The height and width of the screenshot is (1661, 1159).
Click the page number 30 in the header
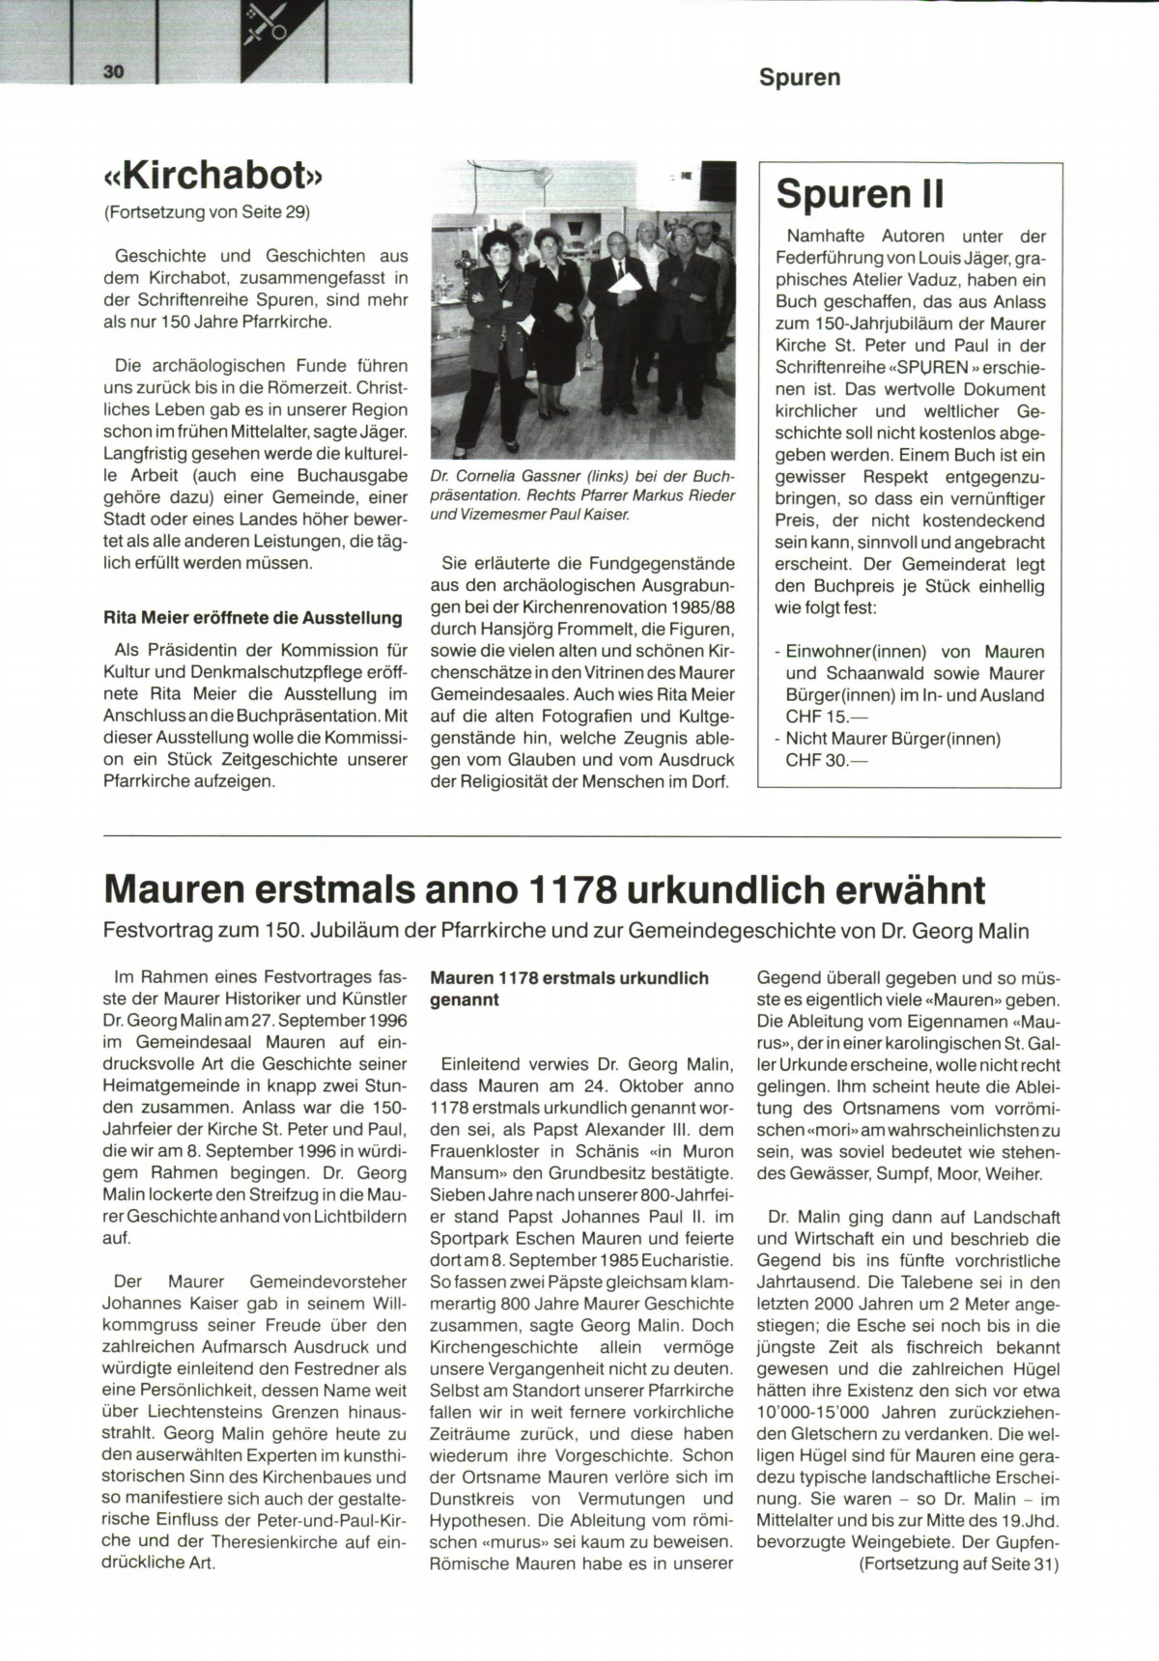[x=114, y=73]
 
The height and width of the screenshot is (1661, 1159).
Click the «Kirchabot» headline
[x=212, y=178]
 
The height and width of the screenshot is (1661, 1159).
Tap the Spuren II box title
[x=860, y=193]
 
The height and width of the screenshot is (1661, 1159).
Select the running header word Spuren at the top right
[x=799, y=77]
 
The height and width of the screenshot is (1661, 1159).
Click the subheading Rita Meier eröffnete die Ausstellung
[x=252, y=617]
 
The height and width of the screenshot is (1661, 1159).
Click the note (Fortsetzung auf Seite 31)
[x=958, y=1563]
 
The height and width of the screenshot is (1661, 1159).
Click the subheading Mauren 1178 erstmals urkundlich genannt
[x=569, y=989]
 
